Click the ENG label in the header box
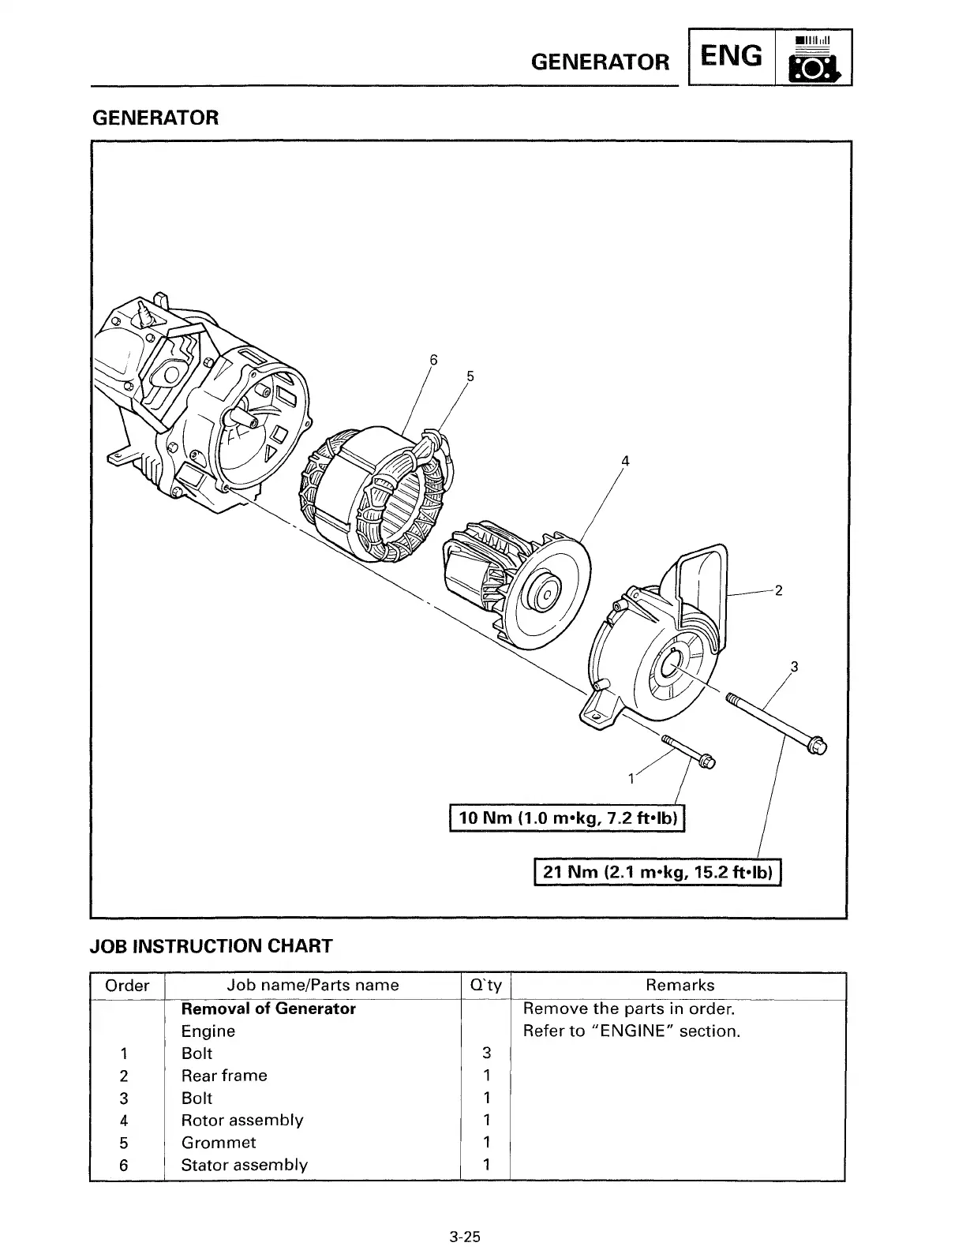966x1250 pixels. [732, 57]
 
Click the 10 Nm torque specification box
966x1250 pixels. [567, 818]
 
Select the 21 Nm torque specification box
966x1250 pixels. [657, 872]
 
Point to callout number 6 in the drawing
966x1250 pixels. [432, 360]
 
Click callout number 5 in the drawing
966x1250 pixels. [470, 376]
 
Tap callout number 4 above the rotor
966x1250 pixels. [625, 461]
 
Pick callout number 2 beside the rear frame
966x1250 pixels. [778, 590]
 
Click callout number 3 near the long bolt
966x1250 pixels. [795, 667]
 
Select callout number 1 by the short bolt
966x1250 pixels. [631, 780]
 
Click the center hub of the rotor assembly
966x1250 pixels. [544, 587]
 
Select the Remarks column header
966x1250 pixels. [680, 985]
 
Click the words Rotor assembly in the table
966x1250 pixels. [242, 1120]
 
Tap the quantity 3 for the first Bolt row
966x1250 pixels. [486, 1053]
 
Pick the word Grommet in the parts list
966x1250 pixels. [219, 1142]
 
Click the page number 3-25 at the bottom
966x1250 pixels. [465, 1237]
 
